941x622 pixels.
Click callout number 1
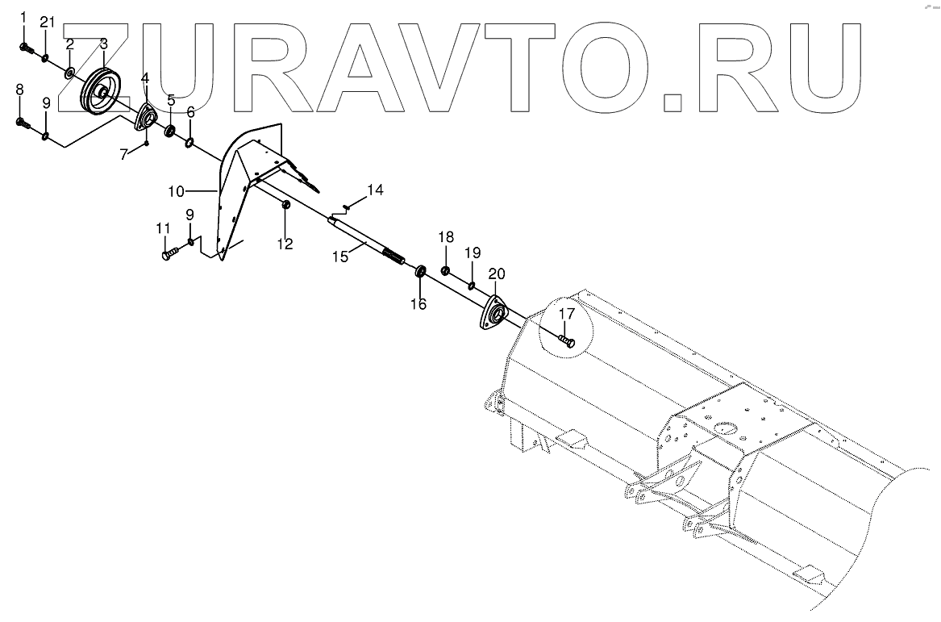pos(23,18)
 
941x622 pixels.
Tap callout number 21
pos(47,22)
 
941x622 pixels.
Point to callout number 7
pos(124,154)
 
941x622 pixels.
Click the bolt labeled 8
pos(23,123)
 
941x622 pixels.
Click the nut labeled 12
pos(285,209)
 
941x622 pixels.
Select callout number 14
pos(375,190)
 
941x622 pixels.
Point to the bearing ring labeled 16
pos(421,271)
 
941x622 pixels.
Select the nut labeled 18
pos(446,269)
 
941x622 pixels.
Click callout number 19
pos(473,253)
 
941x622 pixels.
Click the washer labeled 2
pos(71,74)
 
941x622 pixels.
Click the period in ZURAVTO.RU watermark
pos(672,102)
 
